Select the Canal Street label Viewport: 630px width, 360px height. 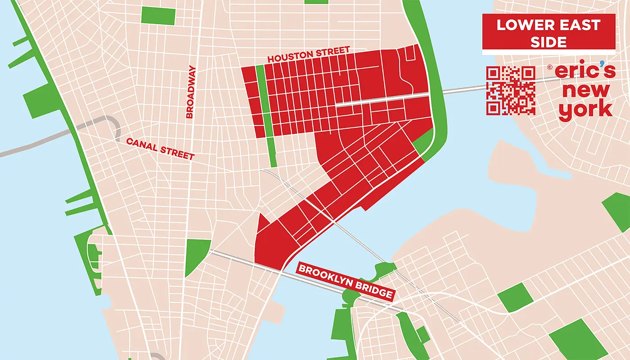(160, 148)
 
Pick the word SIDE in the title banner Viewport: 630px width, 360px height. (548, 42)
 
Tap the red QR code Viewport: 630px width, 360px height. (511, 90)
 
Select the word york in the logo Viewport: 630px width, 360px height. (585, 109)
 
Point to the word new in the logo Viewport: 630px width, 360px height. (586, 90)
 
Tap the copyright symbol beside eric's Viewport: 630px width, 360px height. (550, 67)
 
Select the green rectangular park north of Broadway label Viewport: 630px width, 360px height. (158, 15)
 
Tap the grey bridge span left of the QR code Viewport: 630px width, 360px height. (463, 89)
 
